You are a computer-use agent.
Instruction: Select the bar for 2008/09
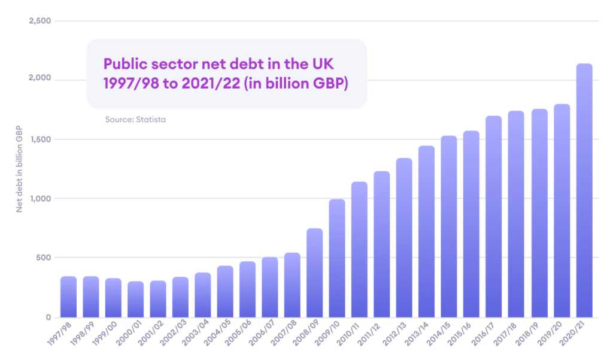click(315, 273)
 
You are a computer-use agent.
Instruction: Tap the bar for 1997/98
click(69, 297)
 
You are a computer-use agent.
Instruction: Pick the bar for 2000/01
click(136, 299)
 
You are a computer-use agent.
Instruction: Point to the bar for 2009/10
click(337, 258)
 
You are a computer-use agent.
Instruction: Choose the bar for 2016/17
click(494, 216)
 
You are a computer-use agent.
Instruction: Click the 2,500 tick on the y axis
click(40, 21)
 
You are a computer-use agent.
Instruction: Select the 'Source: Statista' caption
click(135, 120)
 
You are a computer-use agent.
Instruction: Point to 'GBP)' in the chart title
click(332, 83)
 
